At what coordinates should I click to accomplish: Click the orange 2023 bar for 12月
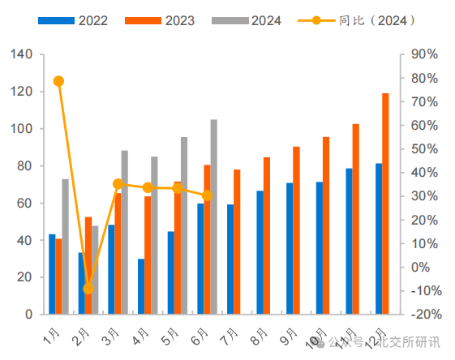[385, 204]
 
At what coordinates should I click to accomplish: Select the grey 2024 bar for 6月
[214, 216]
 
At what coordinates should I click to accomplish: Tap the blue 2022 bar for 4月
[141, 286]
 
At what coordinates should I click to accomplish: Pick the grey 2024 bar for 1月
[66, 246]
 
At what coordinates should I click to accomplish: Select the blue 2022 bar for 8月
[260, 252]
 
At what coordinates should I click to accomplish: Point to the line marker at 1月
[58, 81]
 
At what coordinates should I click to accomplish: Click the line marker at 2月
[88, 289]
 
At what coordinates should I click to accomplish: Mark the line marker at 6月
[207, 195]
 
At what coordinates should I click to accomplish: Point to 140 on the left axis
[22, 54]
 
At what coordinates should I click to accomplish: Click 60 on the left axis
[25, 203]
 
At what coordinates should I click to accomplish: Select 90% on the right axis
[424, 54]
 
